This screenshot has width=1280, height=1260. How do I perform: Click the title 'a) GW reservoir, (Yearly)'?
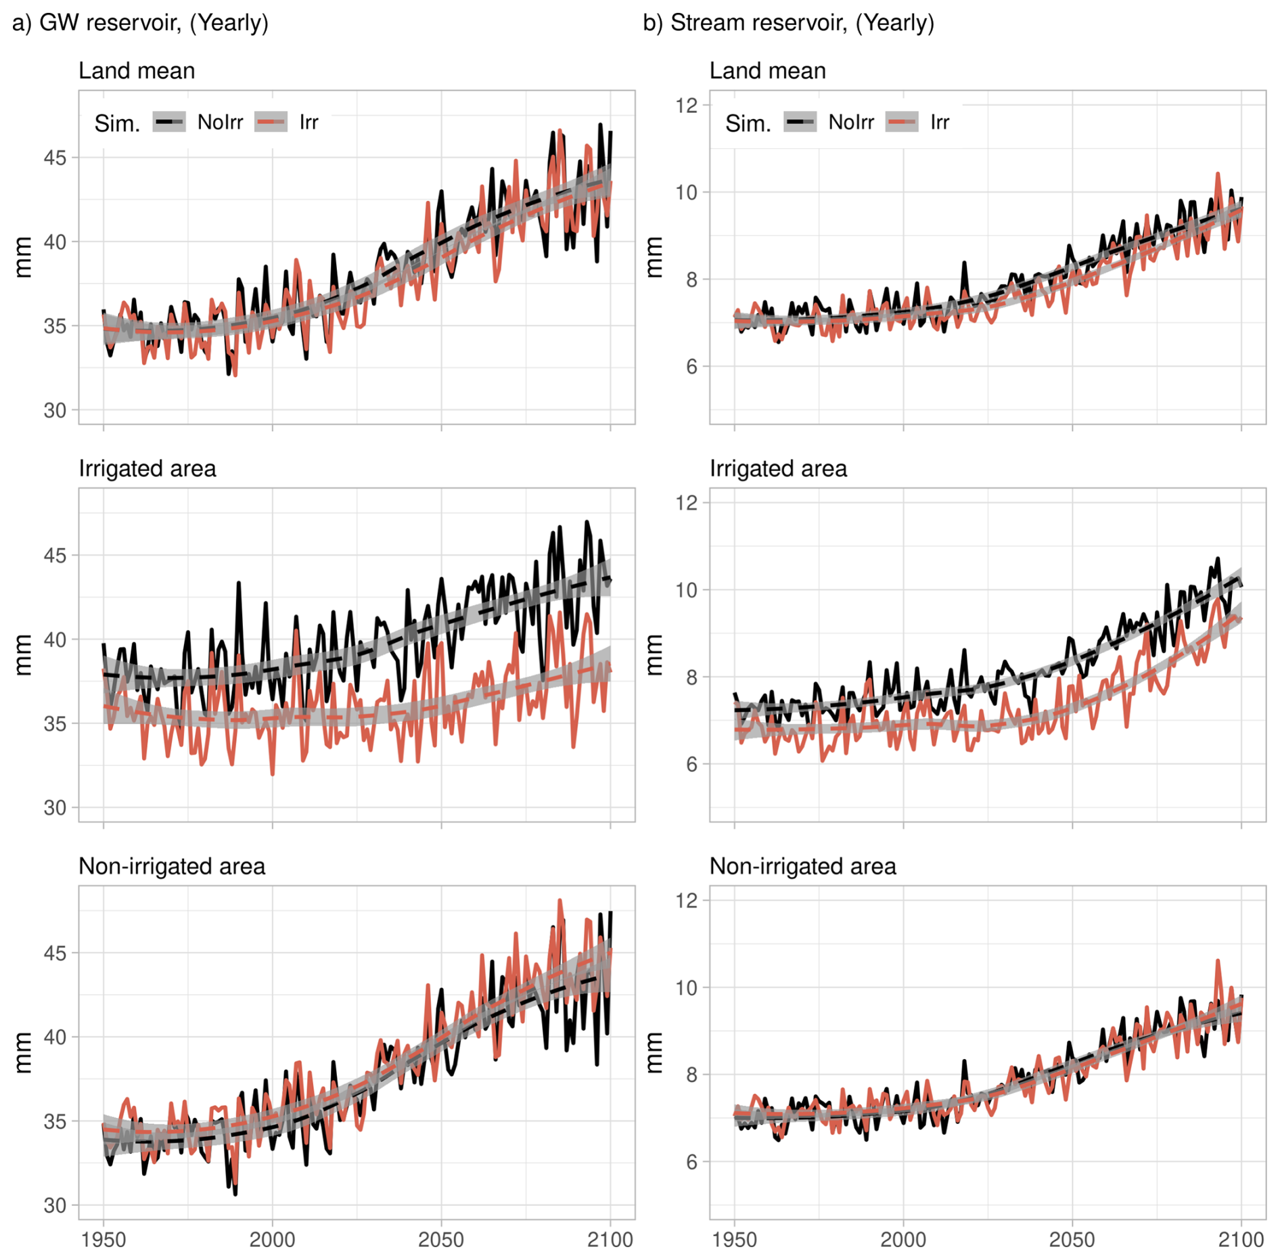tap(140, 23)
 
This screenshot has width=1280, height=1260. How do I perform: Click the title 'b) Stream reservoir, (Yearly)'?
tap(788, 23)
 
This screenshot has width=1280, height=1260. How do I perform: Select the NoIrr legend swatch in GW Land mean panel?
tap(169, 122)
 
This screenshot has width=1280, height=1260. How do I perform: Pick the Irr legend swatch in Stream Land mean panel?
tap(902, 122)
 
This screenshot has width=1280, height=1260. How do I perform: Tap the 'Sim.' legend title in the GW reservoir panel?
tap(117, 124)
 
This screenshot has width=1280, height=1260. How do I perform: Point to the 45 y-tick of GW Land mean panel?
tap(55, 158)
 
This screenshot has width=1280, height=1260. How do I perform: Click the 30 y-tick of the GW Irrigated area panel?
tap(55, 807)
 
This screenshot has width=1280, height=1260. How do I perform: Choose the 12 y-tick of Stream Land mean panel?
tap(687, 106)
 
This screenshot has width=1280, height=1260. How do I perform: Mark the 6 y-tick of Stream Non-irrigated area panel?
tap(691, 1162)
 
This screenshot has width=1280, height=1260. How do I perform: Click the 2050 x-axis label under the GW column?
tap(441, 1240)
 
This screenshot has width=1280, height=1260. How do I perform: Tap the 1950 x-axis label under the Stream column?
tap(734, 1240)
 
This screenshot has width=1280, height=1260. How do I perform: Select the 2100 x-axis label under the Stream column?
tap(1241, 1240)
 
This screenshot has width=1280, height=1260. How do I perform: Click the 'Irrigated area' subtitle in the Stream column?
tap(778, 468)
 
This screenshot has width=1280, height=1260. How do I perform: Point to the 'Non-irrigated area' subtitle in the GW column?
tap(172, 866)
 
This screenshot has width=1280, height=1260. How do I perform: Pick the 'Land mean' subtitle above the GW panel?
tap(137, 70)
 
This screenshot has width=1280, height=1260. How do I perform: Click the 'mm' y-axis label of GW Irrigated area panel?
tap(23, 655)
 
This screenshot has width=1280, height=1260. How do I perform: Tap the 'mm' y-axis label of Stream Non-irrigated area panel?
tap(654, 1053)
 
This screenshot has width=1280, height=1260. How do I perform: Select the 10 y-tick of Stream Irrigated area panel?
tap(687, 590)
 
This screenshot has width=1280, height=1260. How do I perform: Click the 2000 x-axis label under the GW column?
tap(272, 1240)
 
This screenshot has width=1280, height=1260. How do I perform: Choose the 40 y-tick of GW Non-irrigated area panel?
tap(55, 1037)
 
